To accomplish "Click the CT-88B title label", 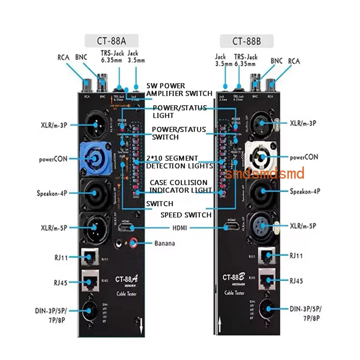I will click(x=247, y=41).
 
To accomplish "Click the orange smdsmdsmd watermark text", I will click(x=265, y=173).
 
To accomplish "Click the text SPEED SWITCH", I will click(x=186, y=215).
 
